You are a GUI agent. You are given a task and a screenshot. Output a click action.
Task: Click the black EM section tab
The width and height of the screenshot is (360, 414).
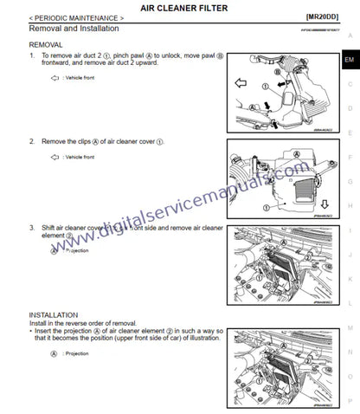coord(349,59)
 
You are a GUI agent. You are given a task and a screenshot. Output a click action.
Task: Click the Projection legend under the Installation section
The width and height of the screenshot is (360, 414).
coord(79,353)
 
